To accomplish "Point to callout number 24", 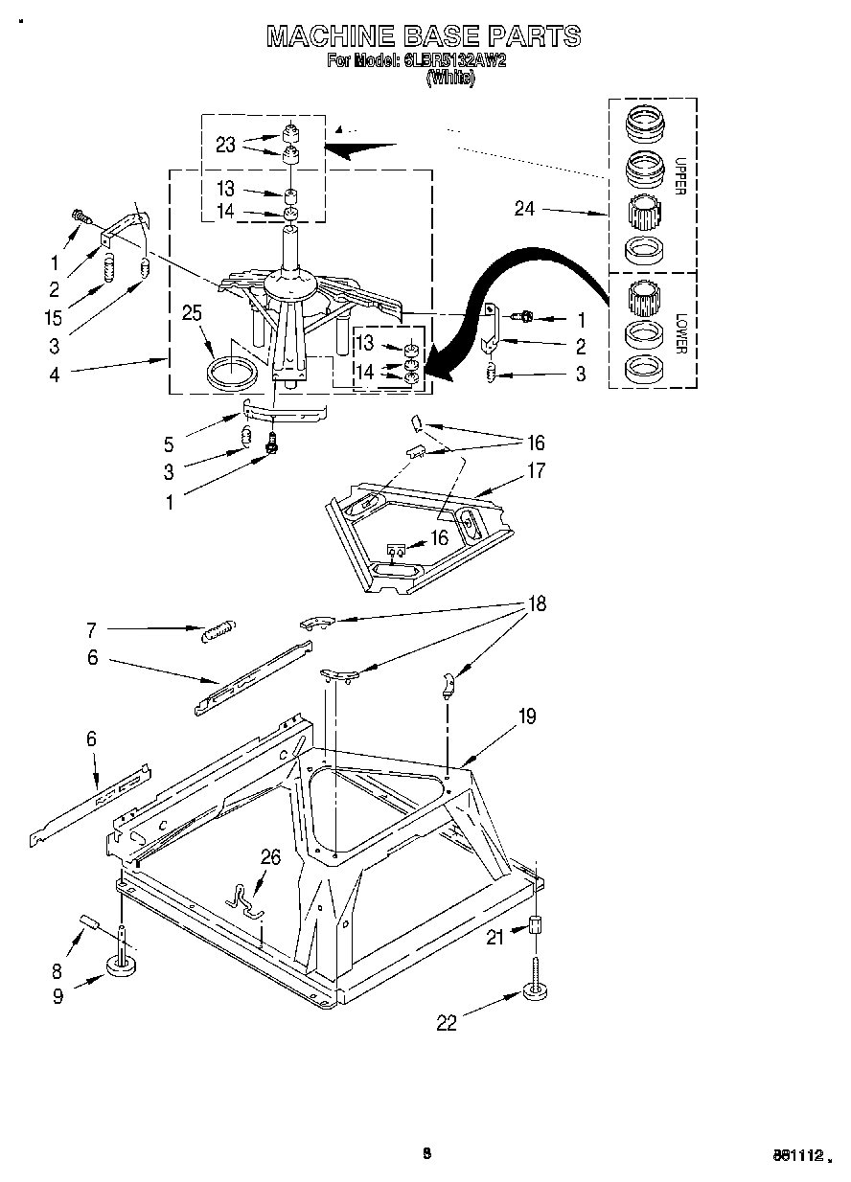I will coord(524,208).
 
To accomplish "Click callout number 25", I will coord(192,312).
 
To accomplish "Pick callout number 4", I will coord(55,375).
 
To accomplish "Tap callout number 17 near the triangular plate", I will coord(535,470).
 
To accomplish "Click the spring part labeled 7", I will coord(218,629).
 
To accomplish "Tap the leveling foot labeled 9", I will coord(123,965).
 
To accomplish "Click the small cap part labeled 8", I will coord(89,921).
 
